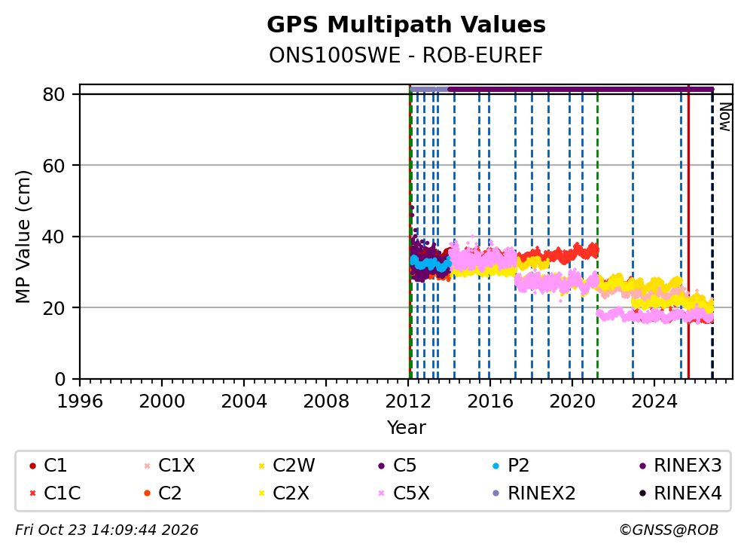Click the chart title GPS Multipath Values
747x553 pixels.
tap(406, 25)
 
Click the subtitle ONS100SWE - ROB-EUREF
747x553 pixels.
tap(406, 56)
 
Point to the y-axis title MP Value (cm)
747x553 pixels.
tap(23, 237)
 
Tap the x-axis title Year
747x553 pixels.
tap(406, 428)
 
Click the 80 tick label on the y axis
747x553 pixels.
tap(53, 94)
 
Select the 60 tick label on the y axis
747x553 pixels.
tap(53, 166)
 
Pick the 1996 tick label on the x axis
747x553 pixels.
tap(80, 402)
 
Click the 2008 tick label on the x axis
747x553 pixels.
tap(326, 402)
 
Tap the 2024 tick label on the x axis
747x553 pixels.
tap(654, 402)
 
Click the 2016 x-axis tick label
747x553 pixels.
tap(490, 402)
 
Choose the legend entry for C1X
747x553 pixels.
tap(169, 466)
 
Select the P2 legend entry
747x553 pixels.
tap(511, 466)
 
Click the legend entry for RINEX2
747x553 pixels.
tap(534, 493)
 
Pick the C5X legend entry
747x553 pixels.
tap(404, 493)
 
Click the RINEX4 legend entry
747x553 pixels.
tap(680, 493)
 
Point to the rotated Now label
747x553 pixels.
tap(724, 117)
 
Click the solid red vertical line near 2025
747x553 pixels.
tap(688, 232)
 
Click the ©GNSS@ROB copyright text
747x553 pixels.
tap(669, 530)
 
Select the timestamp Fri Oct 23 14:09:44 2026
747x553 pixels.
tap(107, 530)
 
